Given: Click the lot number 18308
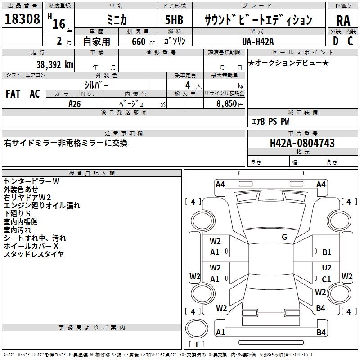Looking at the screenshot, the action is coord(22,19).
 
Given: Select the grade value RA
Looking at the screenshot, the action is coord(343,20).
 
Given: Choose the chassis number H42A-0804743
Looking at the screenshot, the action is coord(302,144).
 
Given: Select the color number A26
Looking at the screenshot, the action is coord(75,103).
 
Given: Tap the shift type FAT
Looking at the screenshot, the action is coord(13,94).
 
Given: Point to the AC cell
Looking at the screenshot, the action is coord(35,94).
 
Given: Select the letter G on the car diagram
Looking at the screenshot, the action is coord(284,237).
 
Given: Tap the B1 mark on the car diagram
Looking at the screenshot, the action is coord(327,252).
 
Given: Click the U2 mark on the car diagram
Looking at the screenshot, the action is coord(327,268).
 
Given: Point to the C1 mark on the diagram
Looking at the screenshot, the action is coord(327,279).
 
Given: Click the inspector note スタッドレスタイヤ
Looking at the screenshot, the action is coord(34,254).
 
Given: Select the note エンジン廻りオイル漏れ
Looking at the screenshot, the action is coord(42,206).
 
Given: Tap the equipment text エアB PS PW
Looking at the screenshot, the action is coord(270,121).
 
